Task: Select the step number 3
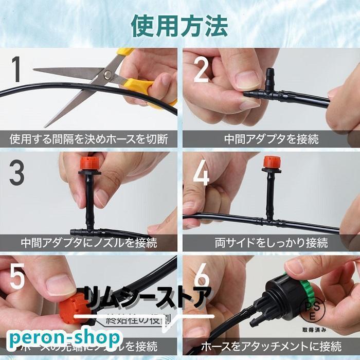click(x=16, y=174)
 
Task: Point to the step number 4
click(x=201, y=174)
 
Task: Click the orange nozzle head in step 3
click(x=88, y=165)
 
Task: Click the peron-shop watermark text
click(x=64, y=338)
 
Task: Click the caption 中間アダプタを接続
click(x=272, y=139)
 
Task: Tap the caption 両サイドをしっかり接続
click(x=271, y=242)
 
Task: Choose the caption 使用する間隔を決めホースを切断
click(x=88, y=139)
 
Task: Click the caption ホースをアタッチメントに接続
click(x=271, y=345)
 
